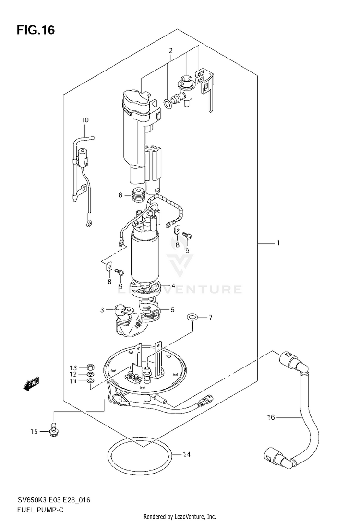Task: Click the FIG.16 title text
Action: tap(36, 30)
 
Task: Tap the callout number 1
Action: tap(278, 243)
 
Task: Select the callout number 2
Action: tap(170, 51)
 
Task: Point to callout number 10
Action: tap(85, 119)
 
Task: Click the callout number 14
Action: tap(187, 454)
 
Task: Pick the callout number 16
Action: tap(271, 417)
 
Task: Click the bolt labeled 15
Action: tap(53, 431)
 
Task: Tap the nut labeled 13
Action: tap(89, 367)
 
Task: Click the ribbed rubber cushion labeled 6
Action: tap(138, 195)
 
